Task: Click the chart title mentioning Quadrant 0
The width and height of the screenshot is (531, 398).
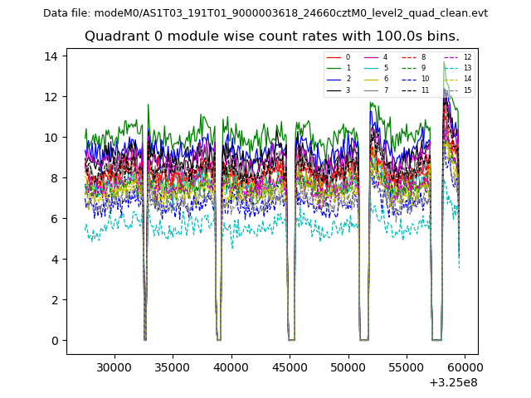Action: tap(271, 36)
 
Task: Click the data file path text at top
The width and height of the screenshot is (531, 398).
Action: tap(265, 13)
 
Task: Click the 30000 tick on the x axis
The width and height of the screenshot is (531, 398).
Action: tap(114, 364)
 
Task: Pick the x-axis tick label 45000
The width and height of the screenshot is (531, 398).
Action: tap(289, 364)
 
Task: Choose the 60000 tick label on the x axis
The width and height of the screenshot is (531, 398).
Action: tap(465, 364)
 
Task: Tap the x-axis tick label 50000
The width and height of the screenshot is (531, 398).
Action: tap(348, 364)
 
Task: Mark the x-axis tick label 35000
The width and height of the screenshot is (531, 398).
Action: tap(172, 364)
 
